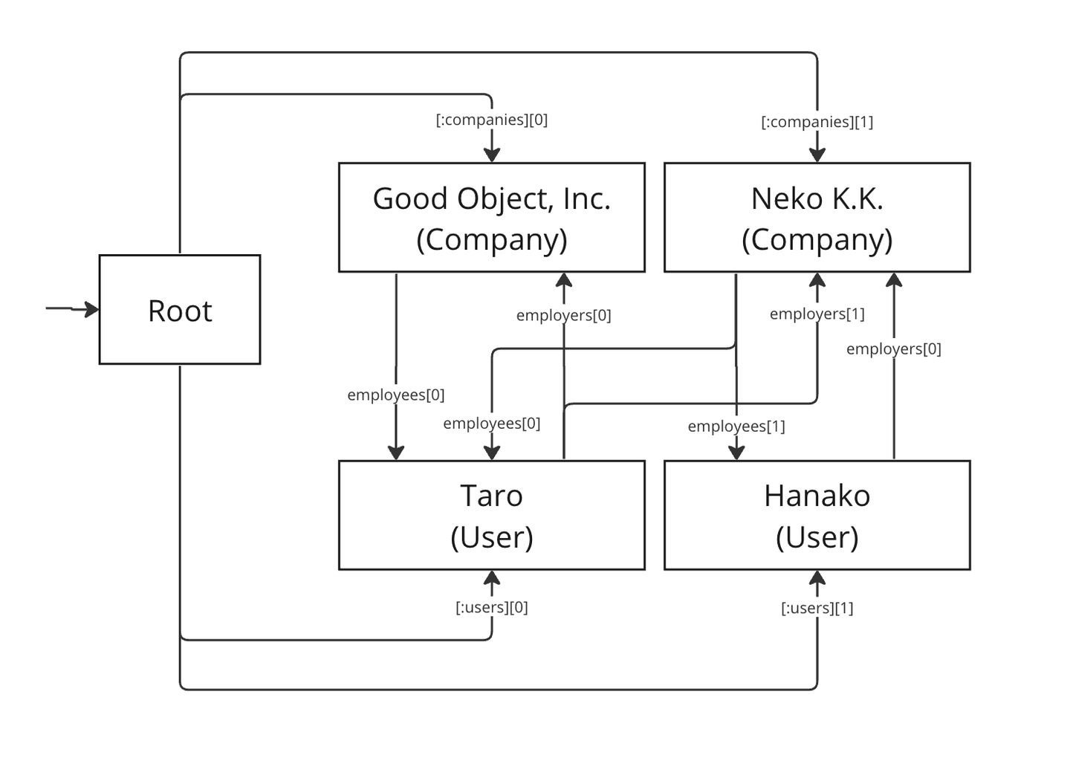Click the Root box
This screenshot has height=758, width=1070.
click(180, 310)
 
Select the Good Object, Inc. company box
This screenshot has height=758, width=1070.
click(491, 218)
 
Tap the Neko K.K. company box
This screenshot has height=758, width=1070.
click(817, 218)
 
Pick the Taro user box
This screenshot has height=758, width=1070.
click(491, 516)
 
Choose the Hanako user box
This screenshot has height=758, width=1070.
click(817, 516)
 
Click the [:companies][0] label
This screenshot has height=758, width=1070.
click(491, 120)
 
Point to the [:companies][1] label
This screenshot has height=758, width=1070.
click(817, 122)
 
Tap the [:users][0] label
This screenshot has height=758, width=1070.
click(491, 607)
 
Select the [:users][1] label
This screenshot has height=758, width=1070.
click(817, 608)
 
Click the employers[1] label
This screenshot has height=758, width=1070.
click(817, 314)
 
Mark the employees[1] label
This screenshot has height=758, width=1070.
click(736, 426)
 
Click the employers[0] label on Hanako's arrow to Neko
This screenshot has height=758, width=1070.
click(893, 349)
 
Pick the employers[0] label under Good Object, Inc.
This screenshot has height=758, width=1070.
click(563, 315)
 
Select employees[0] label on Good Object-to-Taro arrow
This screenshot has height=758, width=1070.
click(395, 395)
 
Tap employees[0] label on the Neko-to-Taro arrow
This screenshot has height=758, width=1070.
click(491, 424)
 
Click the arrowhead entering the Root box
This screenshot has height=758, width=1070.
click(92, 309)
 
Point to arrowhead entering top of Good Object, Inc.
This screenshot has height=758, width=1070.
click(491, 155)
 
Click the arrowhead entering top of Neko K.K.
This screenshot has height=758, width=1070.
click(817, 155)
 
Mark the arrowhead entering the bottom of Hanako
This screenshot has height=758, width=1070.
click(817, 578)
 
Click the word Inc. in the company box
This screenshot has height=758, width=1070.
click(586, 198)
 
